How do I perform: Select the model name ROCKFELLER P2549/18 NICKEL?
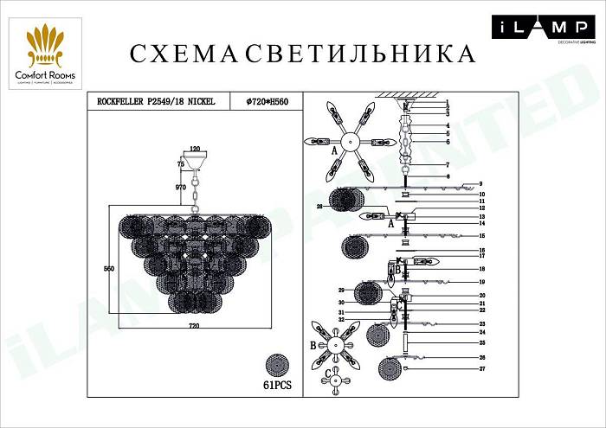(x=157, y=102)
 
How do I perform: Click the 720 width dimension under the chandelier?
(x=194, y=325)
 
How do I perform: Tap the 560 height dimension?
(x=109, y=270)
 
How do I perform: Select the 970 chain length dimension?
(x=182, y=188)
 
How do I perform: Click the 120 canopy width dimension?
(x=196, y=149)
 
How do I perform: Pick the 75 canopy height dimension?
(x=181, y=163)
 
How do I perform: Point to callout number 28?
(x=319, y=208)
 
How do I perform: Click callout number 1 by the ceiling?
(x=448, y=103)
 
